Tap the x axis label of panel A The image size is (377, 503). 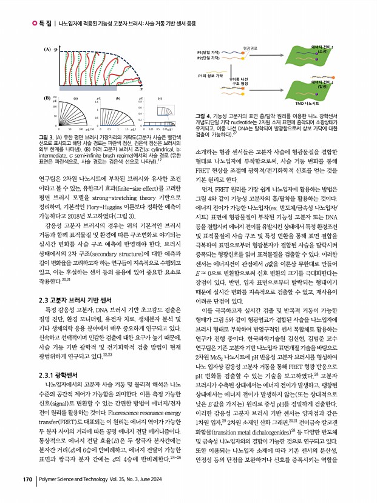pos(141,88)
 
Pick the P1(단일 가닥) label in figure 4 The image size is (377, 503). pos(209,53)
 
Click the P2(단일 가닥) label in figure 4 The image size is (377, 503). pos(209,59)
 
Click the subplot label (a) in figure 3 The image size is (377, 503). pos(75,97)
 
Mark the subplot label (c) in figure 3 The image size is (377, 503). pos(160,97)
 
